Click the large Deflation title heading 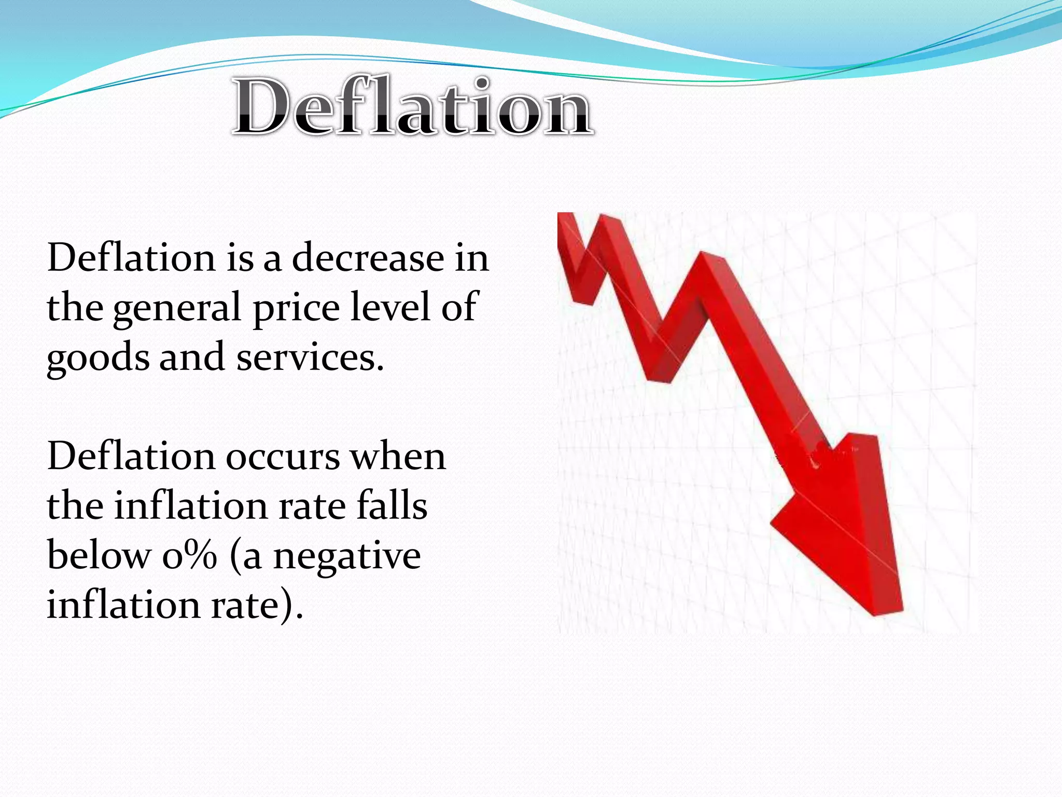[x=412, y=106]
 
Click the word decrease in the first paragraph [x=368, y=258]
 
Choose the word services [x=310, y=357]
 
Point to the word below [x=97, y=555]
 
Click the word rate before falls [x=312, y=506]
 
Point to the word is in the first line [x=240, y=258]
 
